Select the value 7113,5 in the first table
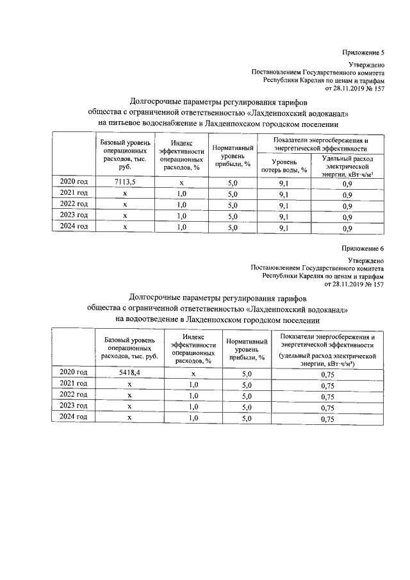click(x=126, y=183)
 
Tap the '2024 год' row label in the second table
click(x=73, y=418)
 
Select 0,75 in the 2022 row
click(x=328, y=396)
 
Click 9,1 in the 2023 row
click(x=284, y=217)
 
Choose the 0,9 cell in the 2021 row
click(x=347, y=194)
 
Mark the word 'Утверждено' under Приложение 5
click(x=366, y=65)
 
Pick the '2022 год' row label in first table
click(x=73, y=205)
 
